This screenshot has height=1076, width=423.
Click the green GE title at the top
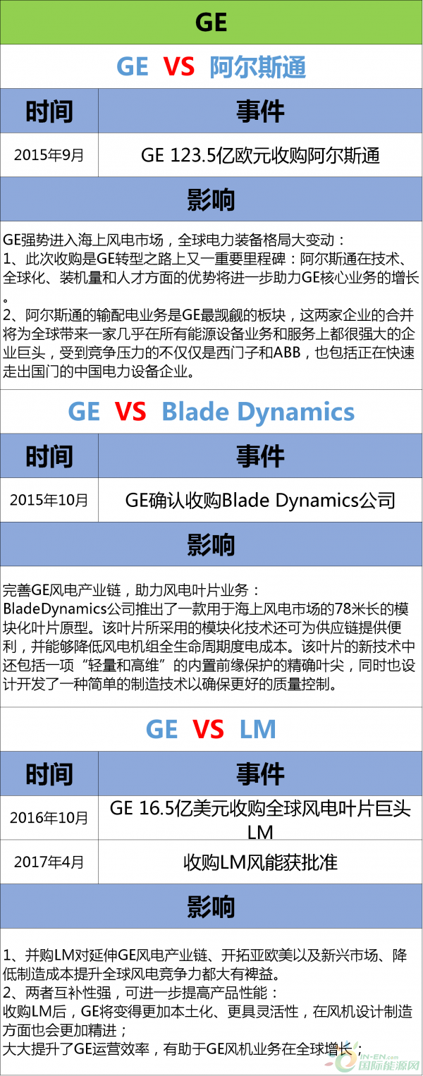click(x=211, y=23)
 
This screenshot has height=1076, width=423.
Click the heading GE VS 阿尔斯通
click(x=211, y=67)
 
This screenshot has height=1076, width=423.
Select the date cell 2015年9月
click(x=49, y=155)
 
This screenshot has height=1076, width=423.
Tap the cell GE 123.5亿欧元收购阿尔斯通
click(x=260, y=155)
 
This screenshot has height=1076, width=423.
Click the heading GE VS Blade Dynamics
click(x=211, y=412)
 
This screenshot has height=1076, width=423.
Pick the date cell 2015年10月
click(x=49, y=500)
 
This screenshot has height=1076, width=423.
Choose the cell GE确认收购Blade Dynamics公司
click(x=260, y=500)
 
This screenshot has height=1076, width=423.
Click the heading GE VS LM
click(x=211, y=730)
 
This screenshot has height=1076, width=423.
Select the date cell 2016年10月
click(x=49, y=818)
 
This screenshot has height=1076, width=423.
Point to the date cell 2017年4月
click(x=49, y=861)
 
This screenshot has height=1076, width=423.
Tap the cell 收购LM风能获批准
click(x=260, y=861)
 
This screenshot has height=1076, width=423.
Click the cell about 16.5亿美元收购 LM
click(x=260, y=819)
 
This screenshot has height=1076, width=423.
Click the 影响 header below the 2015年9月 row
click(x=211, y=200)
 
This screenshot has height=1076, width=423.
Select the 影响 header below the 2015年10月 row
click(x=211, y=544)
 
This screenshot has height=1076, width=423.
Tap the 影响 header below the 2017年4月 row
click(x=211, y=905)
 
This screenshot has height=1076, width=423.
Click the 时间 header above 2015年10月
click(x=49, y=456)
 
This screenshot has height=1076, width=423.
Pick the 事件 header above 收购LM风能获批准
click(x=260, y=774)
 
